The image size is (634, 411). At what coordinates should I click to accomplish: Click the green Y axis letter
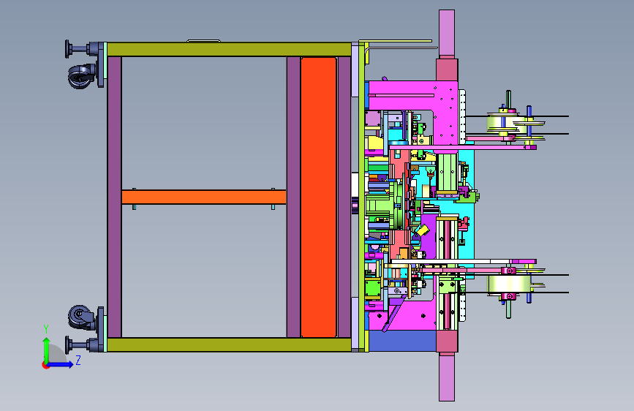(x=46, y=329)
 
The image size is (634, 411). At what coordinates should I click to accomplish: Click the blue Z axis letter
(x=78, y=360)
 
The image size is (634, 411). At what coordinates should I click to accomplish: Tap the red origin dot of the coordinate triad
(x=45, y=365)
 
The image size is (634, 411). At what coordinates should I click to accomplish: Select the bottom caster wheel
(x=80, y=317)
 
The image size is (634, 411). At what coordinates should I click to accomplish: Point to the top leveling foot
(x=81, y=49)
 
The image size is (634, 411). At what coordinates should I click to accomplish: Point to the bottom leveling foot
(x=81, y=345)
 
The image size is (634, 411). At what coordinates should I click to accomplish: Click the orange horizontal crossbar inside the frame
(x=204, y=197)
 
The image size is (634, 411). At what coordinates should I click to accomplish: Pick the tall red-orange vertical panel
(x=319, y=197)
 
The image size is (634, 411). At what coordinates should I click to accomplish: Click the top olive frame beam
(x=229, y=49)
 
